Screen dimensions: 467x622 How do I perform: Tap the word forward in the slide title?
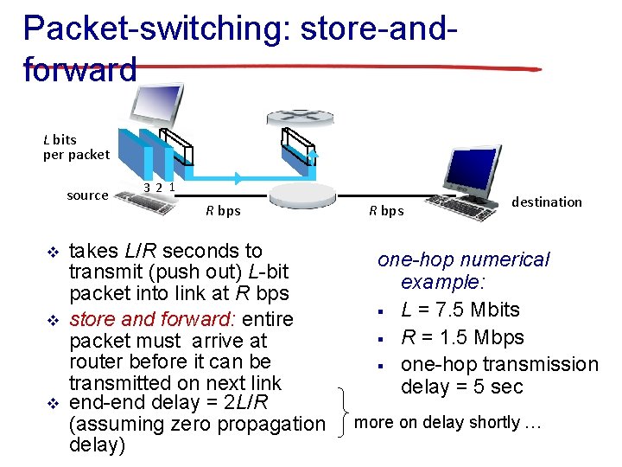click(x=80, y=69)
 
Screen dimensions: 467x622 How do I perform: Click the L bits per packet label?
click(x=76, y=147)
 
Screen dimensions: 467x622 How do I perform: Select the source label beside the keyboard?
click(x=87, y=195)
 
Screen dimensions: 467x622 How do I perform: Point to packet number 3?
click(x=148, y=187)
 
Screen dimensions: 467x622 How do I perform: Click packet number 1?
click(x=172, y=185)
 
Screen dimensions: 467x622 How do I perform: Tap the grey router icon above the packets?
click(x=297, y=117)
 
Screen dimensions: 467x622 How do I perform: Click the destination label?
click(x=546, y=202)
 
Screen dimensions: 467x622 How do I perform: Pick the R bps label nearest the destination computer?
click(x=386, y=210)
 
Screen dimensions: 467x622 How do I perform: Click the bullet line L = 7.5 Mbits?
click(x=460, y=310)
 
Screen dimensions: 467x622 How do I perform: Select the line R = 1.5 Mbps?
click(x=462, y=337)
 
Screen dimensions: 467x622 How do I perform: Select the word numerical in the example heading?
click(x=505, y=259)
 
